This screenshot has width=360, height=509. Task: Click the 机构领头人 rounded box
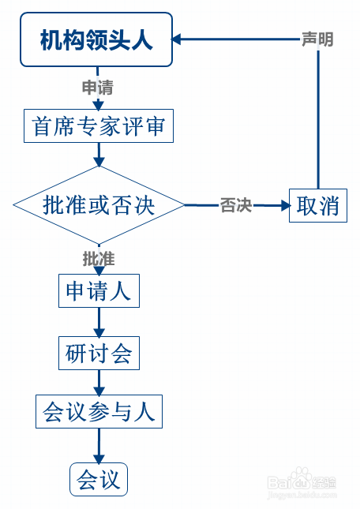coord(96,39)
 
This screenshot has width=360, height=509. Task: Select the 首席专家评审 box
coord(99,125)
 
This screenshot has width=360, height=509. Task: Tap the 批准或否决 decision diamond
coord(99,205)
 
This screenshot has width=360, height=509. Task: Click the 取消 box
coord(317,205)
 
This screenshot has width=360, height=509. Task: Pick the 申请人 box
coord(99,290)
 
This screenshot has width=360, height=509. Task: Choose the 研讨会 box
coord(99,352)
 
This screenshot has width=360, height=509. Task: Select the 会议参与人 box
coord(99,411)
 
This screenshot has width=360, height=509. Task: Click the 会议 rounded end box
coord(99,479)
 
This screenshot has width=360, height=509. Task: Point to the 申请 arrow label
coord(99,86)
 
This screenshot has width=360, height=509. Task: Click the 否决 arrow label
coord(235,206)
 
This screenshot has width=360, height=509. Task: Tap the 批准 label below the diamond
coord(99,258)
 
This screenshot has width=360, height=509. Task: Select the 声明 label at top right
coord(317,39)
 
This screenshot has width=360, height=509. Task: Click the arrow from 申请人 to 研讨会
coord(99,322)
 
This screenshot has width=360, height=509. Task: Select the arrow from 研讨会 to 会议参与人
coord(99,383)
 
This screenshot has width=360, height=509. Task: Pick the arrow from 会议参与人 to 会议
coord(99,446)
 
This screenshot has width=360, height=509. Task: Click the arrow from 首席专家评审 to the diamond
coord(99,154)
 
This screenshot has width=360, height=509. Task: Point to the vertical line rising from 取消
coord(317,118)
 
